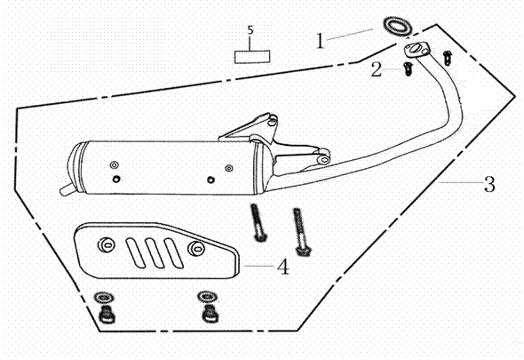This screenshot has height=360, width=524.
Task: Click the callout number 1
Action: click(320, 41)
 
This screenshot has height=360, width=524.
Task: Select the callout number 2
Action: click(377, 69)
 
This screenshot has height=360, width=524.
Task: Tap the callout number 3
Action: click(489, 184)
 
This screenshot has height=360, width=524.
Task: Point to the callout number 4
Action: click(283, 267)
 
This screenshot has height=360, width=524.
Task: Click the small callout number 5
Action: click(250, 30)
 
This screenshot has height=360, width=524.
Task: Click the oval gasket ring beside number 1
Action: click(397, 26)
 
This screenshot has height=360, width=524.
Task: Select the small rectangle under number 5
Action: click(252, 57)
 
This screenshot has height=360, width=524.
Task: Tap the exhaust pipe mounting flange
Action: click(416, 50)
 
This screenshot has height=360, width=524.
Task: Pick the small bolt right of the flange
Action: click(447, 58)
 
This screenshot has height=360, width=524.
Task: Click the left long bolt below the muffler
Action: click(258, 222)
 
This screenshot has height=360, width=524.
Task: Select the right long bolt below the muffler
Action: click(300, 232)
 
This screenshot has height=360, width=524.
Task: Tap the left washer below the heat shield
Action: click(104, 298)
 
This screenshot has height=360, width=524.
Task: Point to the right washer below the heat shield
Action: click(208, 297)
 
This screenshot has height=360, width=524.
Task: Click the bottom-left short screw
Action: click(107, 315)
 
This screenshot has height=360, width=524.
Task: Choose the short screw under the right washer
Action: click(210, 314)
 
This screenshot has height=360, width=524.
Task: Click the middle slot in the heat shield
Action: click(155, 252)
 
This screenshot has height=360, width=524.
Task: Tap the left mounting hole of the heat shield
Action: click(107, 245)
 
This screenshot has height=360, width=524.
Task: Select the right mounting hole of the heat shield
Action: click(197, 248)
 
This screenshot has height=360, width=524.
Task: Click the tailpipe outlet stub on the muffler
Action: click(67, 189)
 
